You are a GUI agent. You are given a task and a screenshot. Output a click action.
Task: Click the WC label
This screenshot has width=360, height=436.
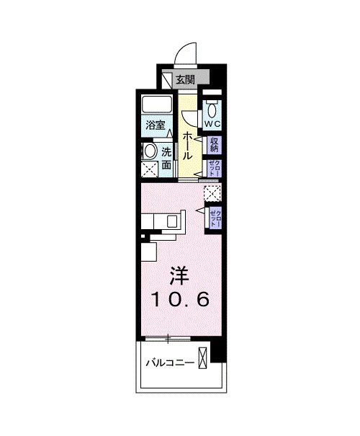(213, 125)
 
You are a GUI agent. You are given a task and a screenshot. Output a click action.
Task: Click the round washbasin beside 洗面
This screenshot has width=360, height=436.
(149, 151)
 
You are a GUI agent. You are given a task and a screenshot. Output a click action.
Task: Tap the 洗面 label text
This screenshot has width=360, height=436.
(167, 159)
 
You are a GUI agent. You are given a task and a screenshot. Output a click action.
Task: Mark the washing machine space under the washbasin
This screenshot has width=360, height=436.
(150, 169)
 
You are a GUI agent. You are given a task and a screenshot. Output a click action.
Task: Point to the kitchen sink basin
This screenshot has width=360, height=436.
(173, 221)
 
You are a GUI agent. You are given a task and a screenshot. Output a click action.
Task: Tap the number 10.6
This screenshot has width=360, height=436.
(180, 298)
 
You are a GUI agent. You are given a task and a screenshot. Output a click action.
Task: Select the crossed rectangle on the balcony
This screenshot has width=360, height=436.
(205, 358)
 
